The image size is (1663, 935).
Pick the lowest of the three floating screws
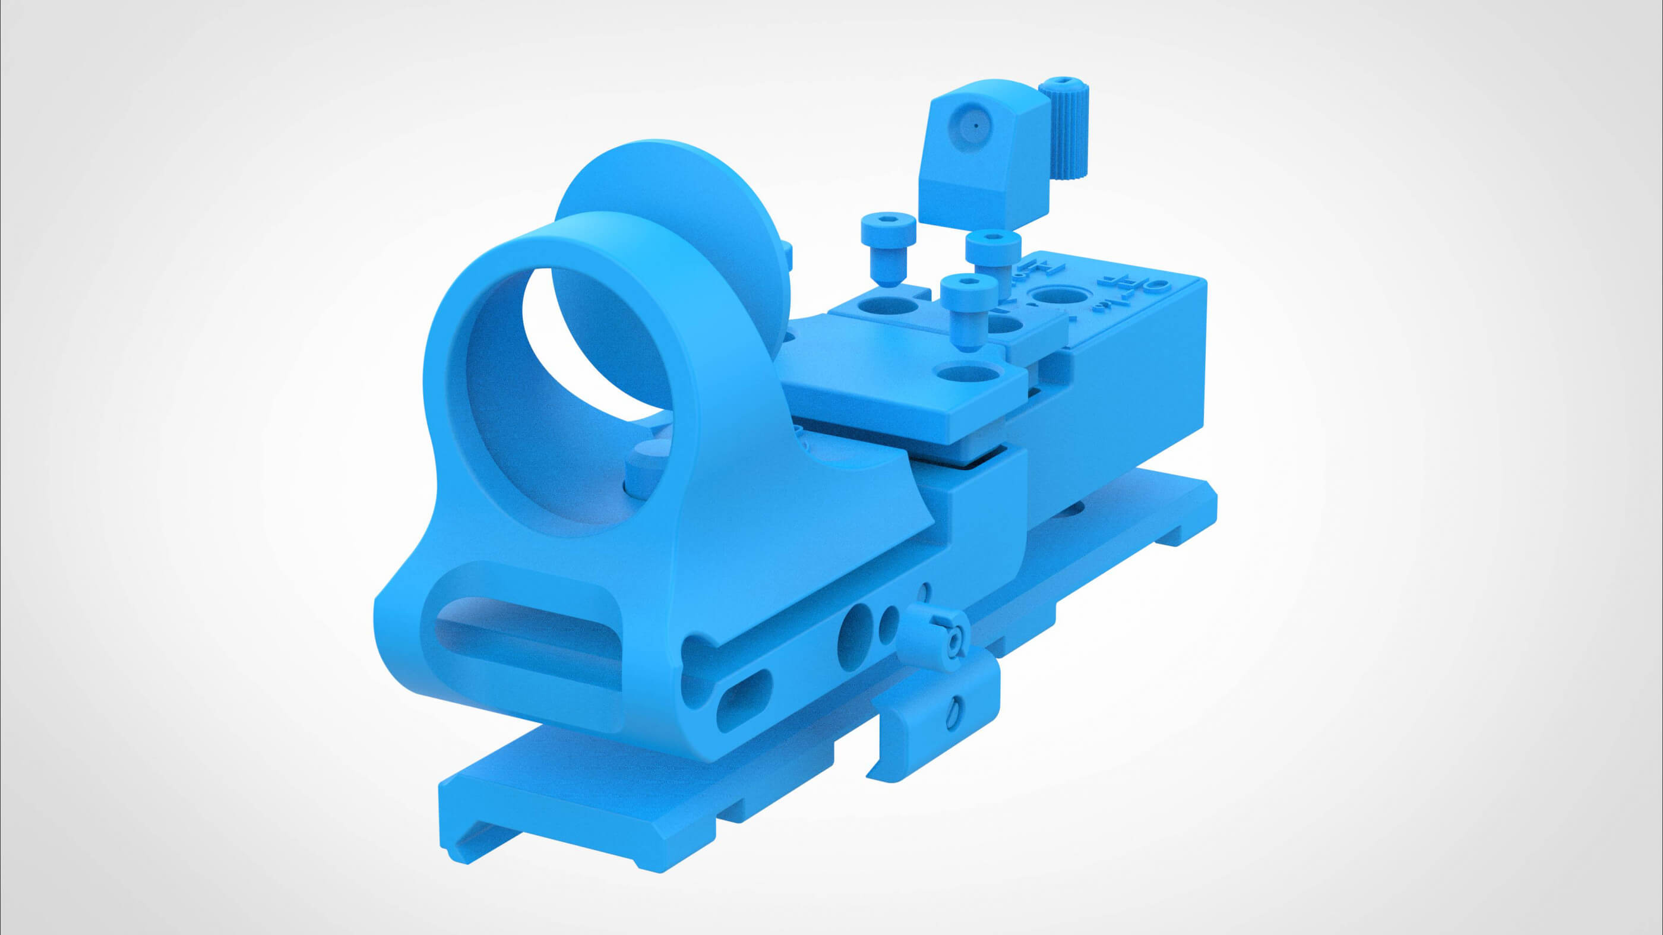pyautogui.click(x=967, y=309)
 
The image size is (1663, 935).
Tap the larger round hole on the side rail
pyautogui.click(x=855, y=636)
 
